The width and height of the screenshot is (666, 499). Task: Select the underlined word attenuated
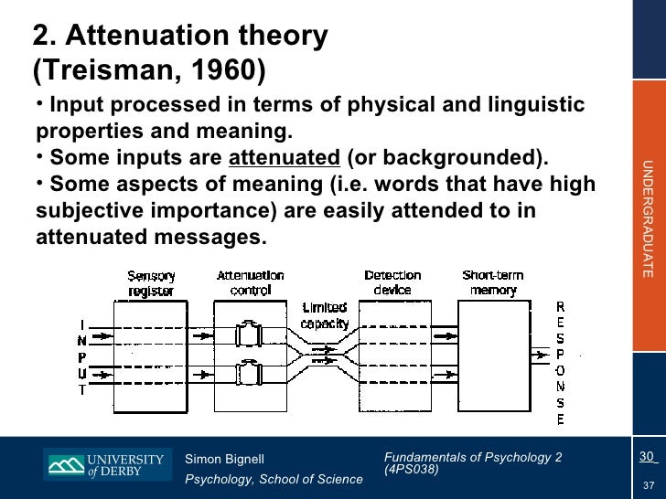click(x=284, y=156)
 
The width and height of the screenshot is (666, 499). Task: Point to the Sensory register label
click(x=151, y=282)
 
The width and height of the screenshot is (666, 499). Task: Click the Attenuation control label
click(x=250, y=282)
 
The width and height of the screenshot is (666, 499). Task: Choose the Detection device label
click(x=392, y=282)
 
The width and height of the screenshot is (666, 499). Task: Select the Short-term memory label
click(x=494, y=282)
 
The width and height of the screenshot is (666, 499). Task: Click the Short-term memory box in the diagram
click(x=494, y=356)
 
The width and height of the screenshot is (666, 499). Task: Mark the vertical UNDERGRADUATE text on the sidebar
click(x=647, y=218)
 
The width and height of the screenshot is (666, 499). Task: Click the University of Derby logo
click(x=106, y=465)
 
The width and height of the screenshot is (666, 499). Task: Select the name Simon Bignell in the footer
click(x=224, y=458)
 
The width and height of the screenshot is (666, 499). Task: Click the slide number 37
click(x=648, y=484)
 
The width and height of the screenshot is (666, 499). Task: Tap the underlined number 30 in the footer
click(x=647, y=457)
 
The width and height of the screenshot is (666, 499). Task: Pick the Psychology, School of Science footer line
click(x=274, y=480)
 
